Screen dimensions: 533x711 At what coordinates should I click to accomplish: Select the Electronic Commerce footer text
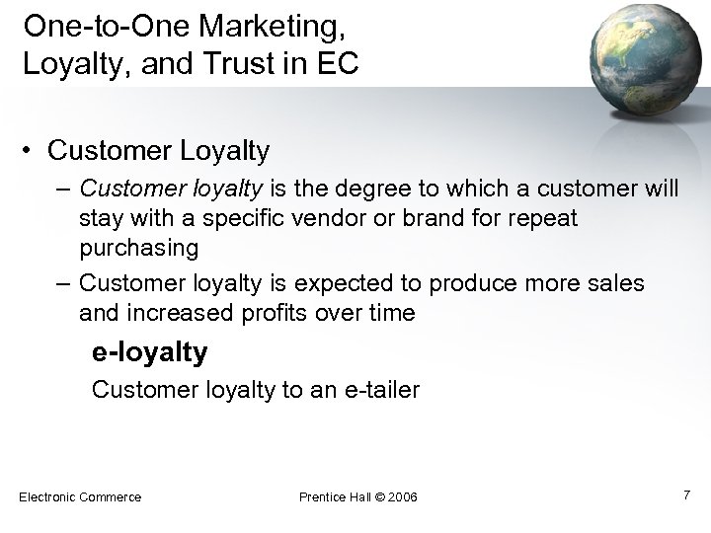pos(80,495)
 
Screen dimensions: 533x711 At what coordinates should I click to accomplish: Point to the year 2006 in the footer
pos(400,495)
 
